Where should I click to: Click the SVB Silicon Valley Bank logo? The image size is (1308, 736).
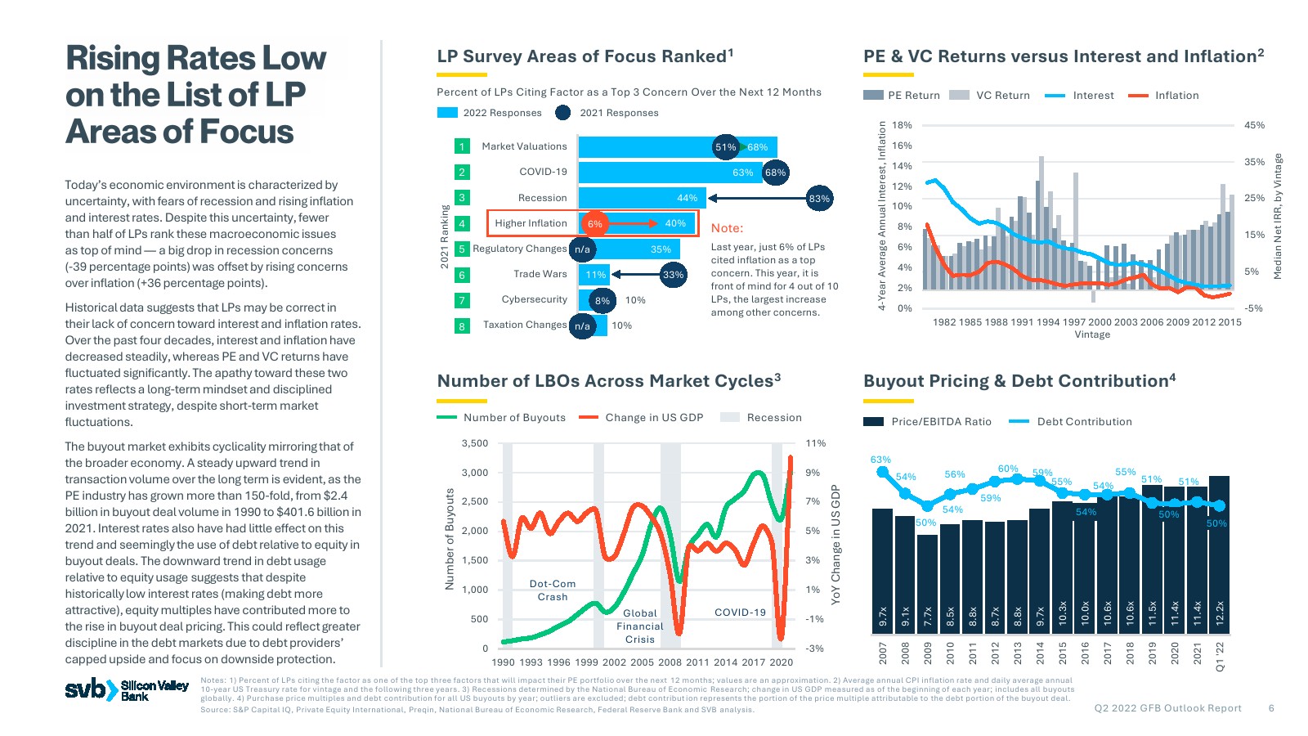127,690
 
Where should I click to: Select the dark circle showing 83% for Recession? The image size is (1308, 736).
818,199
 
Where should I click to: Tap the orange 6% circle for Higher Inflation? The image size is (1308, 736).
594,224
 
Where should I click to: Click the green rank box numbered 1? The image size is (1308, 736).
462,147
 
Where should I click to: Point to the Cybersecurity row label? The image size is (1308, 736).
534,300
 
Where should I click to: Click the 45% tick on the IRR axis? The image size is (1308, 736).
1254,125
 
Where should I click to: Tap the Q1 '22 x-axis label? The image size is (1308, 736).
1220,657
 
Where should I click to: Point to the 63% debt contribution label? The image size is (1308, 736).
880,460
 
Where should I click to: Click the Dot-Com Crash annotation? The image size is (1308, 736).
553,590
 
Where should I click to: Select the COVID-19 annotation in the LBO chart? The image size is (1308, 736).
740,613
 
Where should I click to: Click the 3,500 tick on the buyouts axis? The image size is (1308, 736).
474,444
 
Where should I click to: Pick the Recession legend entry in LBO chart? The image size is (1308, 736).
761,418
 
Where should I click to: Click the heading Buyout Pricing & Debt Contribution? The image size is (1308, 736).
1019,381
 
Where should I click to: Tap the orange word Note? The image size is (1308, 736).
727,228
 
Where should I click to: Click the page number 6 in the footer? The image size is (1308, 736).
1271,708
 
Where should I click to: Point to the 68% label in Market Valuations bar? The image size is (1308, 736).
758,148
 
